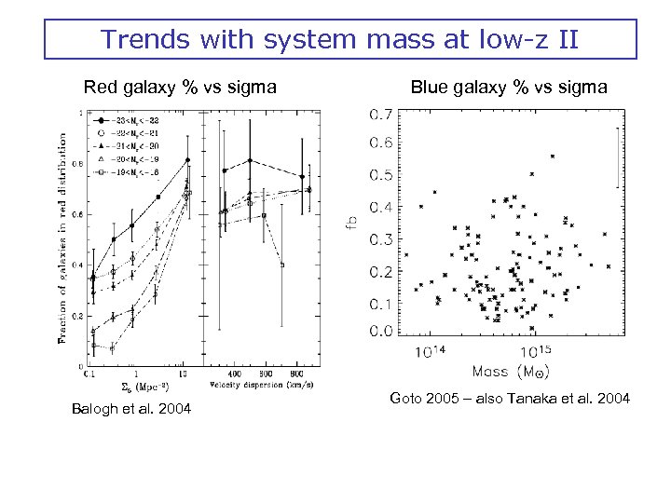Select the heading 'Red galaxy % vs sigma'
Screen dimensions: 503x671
pyautogui.click(x=180, y=88)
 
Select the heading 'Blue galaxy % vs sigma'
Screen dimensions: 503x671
pyautogui.click(x=509, y=88)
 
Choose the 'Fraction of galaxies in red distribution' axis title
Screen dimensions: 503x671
pyautogui.click(x=63, y=238)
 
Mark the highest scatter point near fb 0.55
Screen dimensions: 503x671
pyautogui.click(x=553, y=156)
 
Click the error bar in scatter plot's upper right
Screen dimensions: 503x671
pyautogui.click(x=614, y=158)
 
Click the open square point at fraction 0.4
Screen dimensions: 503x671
pyautogui.click(x=281, y=265)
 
